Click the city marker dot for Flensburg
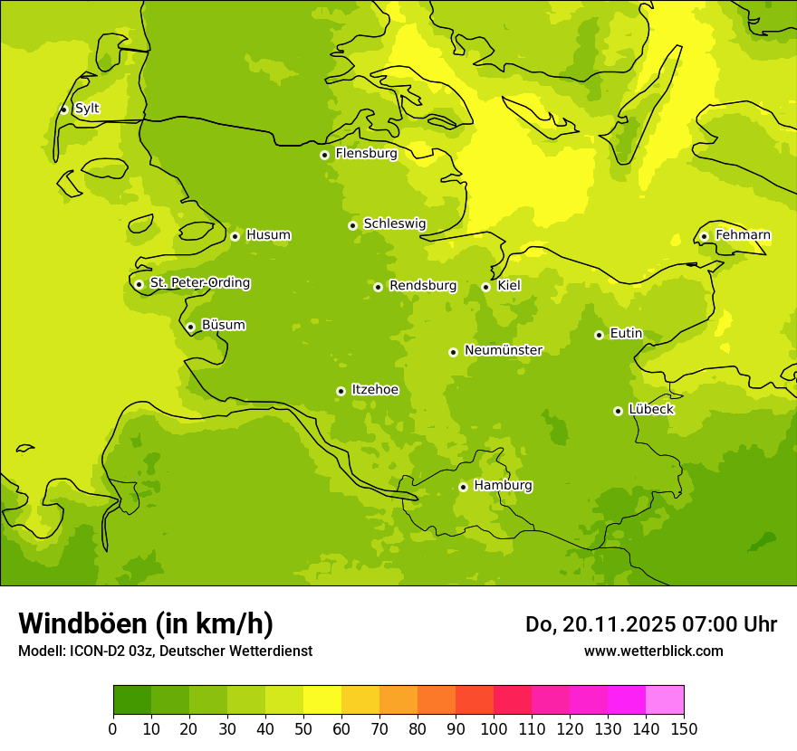tap(324, 155)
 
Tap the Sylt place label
tap(87, 109)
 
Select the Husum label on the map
tap(268, 235)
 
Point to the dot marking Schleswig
tap(352, 225)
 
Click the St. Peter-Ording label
tap(200, 283)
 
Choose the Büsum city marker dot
tap(190, 327)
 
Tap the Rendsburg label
tap(423, 286)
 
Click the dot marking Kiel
tap(485, 287)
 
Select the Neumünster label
tap(504, 350)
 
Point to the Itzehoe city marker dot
tap(341, 391)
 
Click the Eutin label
tap(626, 334)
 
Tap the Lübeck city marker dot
tap(618, 411)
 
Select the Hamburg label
tap(503, 486)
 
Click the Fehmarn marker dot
tap(704, 236)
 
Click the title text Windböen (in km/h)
tap(146, 623)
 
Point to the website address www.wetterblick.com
tap(653, 651)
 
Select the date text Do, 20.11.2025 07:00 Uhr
tap(650, 624)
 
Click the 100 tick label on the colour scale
tap(494, 728)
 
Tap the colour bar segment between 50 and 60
tap(322, 700)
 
